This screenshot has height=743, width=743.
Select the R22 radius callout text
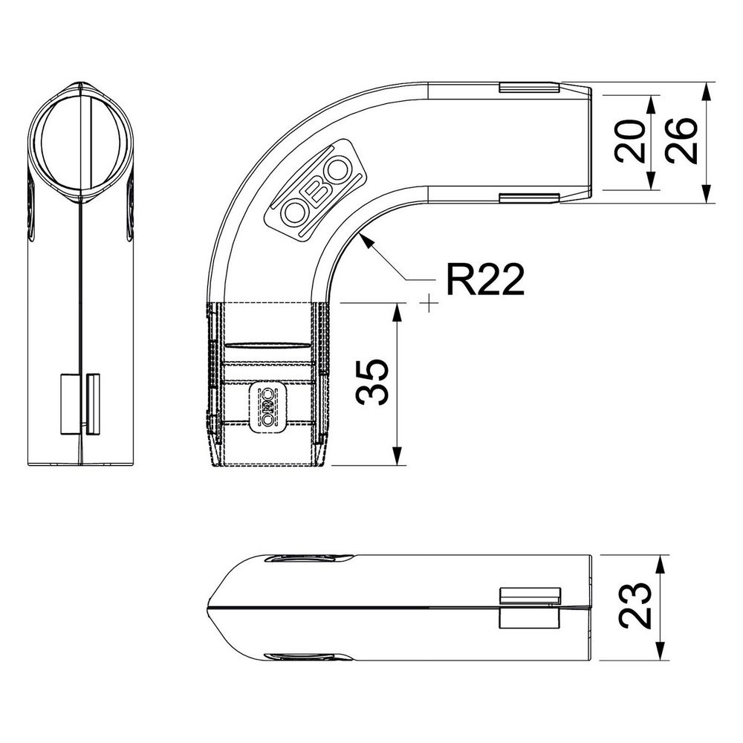[484, 279]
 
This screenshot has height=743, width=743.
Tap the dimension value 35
[371, 383]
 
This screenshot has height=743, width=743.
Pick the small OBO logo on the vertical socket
[267, 406]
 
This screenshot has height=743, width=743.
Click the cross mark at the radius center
[429, 303]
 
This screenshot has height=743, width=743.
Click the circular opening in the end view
[80, 140]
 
